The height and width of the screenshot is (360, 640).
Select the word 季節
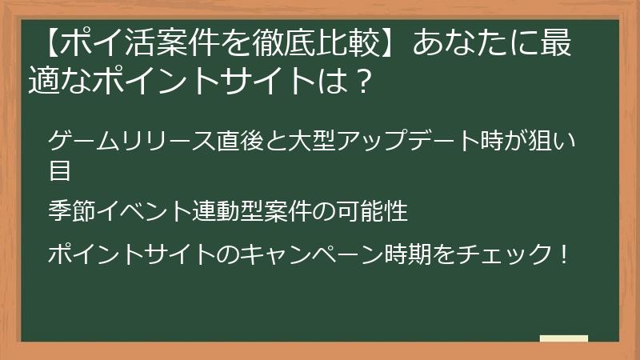(72, 212)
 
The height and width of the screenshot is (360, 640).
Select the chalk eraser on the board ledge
(564, 338)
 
